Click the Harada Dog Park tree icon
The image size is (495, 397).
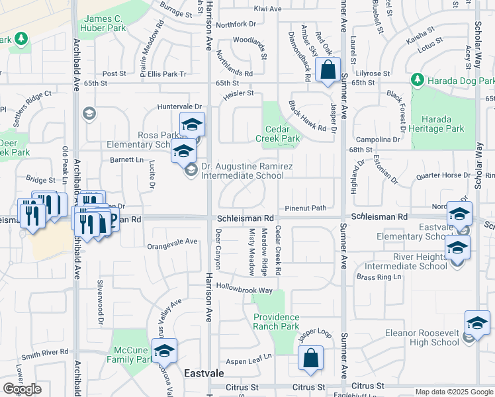[x=417, y=80]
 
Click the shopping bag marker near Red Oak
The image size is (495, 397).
[x=328, y=70]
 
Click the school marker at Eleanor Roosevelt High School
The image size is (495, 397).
[x=476, y=323]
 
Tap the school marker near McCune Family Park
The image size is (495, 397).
[x=165, y=351]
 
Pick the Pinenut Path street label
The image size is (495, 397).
[x=306, y=208]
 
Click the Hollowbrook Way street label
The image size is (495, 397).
[x=245, y=290]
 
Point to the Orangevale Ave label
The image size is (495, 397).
[x=172, y=242]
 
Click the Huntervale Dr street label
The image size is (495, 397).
[x=179, y=107]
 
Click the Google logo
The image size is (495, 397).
[x=22, y=389]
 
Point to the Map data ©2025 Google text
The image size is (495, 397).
[x=453, y=392]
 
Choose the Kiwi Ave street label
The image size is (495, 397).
[x=267, y=9]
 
